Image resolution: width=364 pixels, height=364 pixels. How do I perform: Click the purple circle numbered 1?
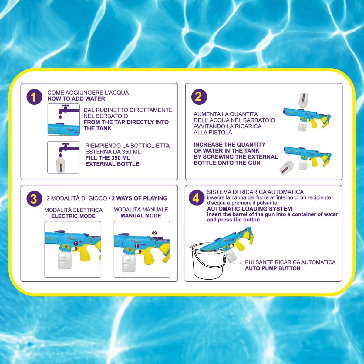click(x=34, y=97)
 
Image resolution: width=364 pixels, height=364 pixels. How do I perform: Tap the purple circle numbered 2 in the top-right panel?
click(x=199, y=97)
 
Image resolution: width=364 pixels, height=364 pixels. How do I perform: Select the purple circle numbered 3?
click(x=34, y=199)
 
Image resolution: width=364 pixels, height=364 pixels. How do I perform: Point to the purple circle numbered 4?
click(x=197, y=197)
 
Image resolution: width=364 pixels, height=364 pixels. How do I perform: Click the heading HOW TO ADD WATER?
click(x=76, y=99)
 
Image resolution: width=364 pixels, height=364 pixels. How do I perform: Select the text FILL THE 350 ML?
click(x=108, y=158)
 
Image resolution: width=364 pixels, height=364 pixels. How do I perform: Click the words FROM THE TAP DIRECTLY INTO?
click(x=126, y=122)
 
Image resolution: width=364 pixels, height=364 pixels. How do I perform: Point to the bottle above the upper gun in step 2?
click(x=304, y=100)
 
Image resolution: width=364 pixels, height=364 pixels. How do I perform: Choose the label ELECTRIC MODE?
click(x=73, y=216)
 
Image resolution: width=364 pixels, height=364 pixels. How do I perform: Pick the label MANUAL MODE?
click(x=141, y=216)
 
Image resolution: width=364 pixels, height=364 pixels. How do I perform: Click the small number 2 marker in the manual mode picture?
click(x=154, y=233)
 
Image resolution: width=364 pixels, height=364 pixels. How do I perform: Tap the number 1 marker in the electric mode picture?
click(x=75, y=244)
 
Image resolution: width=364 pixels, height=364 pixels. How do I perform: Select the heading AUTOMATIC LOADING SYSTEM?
click(x=249, y=209)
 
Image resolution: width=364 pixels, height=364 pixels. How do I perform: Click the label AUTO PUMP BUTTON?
click(x=273, y=268)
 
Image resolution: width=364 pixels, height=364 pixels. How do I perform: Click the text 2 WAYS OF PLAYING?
click(x=140, y=198)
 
